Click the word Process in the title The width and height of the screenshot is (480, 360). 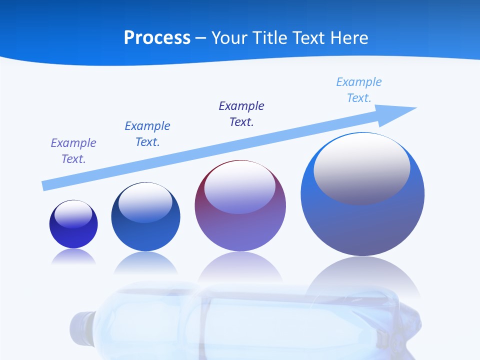157,38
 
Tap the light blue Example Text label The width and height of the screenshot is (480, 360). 359,90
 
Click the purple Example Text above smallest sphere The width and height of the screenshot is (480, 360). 73,151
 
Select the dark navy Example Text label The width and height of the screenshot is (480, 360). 241,114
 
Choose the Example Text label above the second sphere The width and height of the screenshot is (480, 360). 147,134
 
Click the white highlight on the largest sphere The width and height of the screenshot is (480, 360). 361,169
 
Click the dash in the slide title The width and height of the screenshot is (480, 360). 201,38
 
